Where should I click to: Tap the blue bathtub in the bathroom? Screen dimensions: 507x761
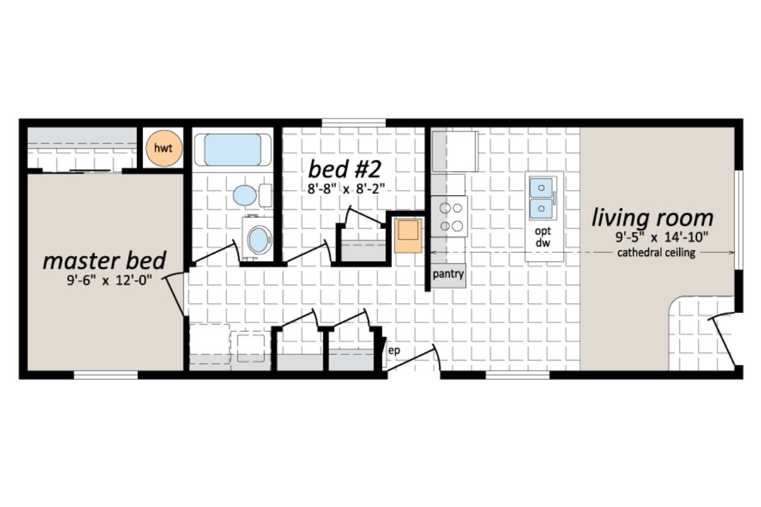click(x=232, y=150)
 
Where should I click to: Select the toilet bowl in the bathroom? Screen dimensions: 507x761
click(x=245, y=195)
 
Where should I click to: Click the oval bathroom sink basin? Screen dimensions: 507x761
click(x=257, y=240)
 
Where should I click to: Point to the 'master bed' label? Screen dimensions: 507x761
click(x=105, y=260)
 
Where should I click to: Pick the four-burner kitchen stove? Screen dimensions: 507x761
click(x=449, y=216)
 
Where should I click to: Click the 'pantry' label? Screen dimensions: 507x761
click(x=448, y=275)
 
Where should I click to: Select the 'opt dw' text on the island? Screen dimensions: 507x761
click(x=542, y=237)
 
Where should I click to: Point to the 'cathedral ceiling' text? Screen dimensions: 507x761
click(x=656, y=253)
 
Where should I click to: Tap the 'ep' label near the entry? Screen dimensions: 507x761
click(x=394, y=350)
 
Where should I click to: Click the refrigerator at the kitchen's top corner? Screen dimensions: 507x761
click(x=455, y=151)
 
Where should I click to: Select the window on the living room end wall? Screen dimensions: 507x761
click(x=739, y=219)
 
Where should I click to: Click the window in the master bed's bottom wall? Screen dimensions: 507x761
click(x=106, y=375)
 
